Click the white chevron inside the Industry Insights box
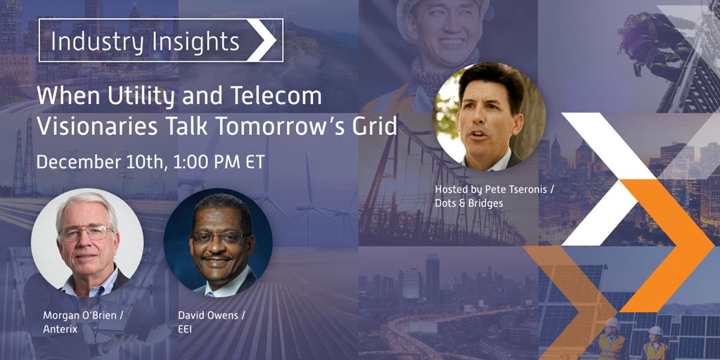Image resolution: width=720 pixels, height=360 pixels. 262,40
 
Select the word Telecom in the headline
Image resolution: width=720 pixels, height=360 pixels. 281,96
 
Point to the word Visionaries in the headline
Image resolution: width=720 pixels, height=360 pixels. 97,127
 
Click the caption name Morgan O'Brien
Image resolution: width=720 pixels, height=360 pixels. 83,315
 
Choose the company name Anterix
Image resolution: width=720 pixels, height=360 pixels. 60,329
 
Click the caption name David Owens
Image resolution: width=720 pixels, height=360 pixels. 208,315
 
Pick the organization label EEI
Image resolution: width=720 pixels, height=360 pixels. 185,329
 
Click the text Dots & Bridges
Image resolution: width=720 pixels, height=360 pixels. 469,202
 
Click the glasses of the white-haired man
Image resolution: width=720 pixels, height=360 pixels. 86,233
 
